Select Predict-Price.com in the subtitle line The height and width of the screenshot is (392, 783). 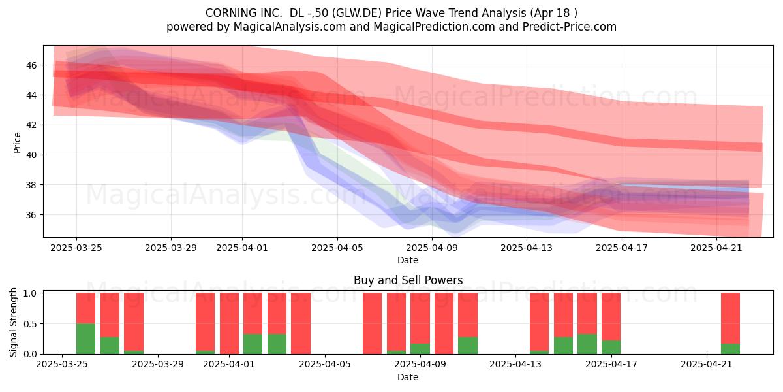point(570,27)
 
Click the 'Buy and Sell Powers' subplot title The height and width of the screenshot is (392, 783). point(408,280)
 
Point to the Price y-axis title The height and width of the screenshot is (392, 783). point(17,142)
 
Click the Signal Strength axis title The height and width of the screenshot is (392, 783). point(13,322)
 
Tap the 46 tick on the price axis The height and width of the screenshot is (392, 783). point(31,65)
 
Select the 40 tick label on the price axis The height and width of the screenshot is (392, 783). point(31,155)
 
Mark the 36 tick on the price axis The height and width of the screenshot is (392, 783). point(31,215)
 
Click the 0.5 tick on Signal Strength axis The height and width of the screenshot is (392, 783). point(30,324)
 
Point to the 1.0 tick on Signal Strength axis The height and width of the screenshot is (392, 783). point(30,293)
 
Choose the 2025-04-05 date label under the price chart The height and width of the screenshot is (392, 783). point(337,248)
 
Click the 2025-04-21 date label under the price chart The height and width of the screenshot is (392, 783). point(716,248)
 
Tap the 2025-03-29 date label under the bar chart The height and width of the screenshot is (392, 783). point(158,365)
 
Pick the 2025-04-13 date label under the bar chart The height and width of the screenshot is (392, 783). point(515,365)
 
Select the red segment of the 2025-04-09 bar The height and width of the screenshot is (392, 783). point(420,318)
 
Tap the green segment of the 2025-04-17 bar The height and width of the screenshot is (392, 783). point(611,347)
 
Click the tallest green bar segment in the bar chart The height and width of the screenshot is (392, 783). point(85,339)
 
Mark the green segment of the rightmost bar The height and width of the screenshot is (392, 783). point(730,349)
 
